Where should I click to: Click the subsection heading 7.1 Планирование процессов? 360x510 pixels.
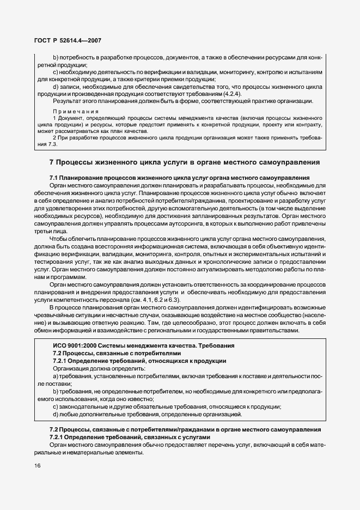(x=179, y=178)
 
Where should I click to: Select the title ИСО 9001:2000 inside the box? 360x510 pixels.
(x=143, y=345)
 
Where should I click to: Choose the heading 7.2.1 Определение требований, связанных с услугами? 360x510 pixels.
(x=129, y=438)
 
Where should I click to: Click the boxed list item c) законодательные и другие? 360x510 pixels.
(x=167, y=406)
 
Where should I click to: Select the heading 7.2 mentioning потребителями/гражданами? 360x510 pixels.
(x=179, y=430)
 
